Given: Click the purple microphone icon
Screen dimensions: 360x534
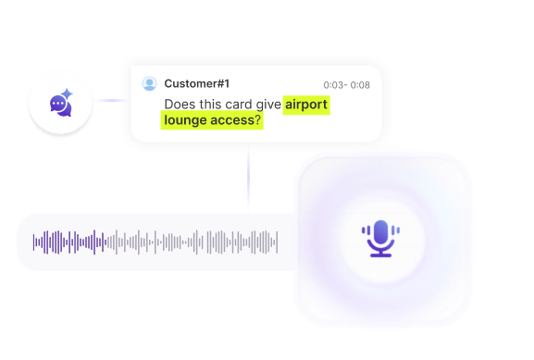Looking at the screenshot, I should [x=379, y=238].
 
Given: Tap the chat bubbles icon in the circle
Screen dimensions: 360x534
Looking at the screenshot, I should [x=62, y=104].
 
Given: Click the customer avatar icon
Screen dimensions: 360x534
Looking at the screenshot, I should [x=149, y=84].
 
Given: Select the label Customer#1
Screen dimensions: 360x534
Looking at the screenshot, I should [x=197, y=84].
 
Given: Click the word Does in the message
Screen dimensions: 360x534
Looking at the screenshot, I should [x=180, y=105].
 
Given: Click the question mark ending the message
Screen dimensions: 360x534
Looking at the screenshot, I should [x=258, y=121].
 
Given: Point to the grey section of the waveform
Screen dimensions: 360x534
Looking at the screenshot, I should [x=204, y=242].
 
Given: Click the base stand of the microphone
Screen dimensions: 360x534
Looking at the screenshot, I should [x=379, y=254].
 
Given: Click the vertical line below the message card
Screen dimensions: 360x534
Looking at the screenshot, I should [x=248, y=180].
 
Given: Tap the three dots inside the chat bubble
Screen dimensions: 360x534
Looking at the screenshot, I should [x=59, y=105].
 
